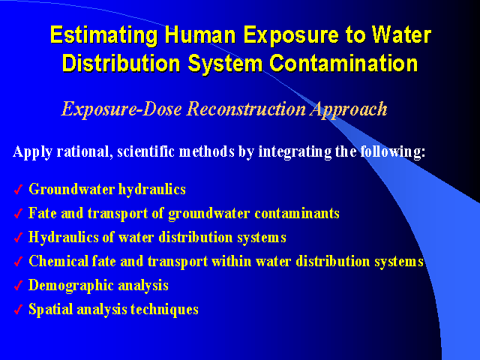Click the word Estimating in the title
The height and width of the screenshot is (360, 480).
[x=103, y=36]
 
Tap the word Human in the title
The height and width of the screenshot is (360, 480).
[x=200, y=34]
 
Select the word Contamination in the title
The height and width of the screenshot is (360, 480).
[x=343, y=63]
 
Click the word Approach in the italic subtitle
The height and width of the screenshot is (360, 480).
[x=349, y=109]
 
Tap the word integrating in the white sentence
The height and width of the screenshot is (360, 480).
[x=295, y=152]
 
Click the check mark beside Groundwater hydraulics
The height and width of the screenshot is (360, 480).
[x=18, y=190]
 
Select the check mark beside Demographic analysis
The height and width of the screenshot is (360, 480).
[x=18, y=285]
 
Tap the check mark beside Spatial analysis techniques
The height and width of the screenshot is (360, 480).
[x=18, y=309]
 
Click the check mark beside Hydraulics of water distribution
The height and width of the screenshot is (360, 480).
[x=18, y=237]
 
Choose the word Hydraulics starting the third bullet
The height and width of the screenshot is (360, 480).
[x=63, y=238]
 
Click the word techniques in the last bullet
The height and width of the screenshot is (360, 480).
[x=164, y=309]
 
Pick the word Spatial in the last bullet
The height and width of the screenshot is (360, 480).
[x=51, y=310]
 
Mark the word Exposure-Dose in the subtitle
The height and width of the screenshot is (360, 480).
[x=121, y=109]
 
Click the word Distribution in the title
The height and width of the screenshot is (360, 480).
[x=121, y=63]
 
